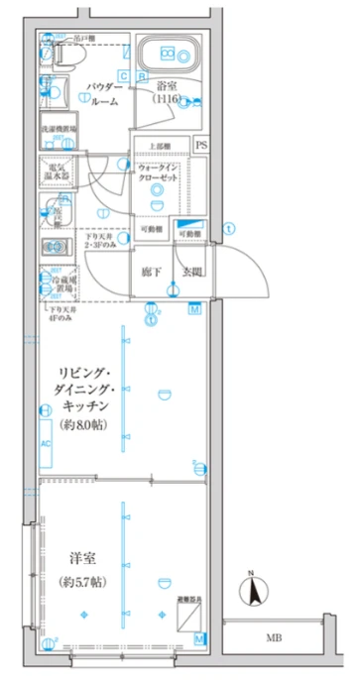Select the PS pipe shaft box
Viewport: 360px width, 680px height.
tap(201, 145)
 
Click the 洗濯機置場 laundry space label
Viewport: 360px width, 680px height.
tap(54, 131)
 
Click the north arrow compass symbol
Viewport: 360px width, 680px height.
tap(254, 591)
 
